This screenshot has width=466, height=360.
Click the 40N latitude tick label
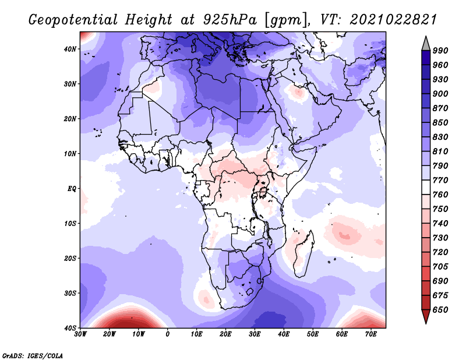click(x=70, y=49)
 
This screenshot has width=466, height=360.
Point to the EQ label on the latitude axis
click(x=72, y=189)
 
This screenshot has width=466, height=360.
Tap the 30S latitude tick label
click(x=70, y=294)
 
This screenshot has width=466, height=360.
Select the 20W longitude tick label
click(x=110, y=334)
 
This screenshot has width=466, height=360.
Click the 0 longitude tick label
click(x=168, y=334)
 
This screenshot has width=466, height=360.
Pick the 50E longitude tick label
click(x=313, y=334)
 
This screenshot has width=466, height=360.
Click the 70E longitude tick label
click(x=370, y=334)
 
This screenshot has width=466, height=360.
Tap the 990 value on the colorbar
click(x=440, y=51)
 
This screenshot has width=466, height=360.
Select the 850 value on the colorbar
click(x=440, y=122)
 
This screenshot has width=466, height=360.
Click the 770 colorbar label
click(x=440, y=180)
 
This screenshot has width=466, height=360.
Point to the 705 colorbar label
click(x=440, y=267)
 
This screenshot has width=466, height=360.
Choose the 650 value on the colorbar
click(x=440, y=310)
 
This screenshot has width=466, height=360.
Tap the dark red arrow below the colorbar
click(x=426, y=316)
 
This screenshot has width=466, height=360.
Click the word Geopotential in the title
click(x=73, y=20)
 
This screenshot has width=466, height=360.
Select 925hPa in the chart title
click(x=230, y=20)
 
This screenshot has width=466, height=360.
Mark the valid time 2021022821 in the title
click(x=393, y=19)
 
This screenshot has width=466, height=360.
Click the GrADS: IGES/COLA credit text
click(x=33, y=355)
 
